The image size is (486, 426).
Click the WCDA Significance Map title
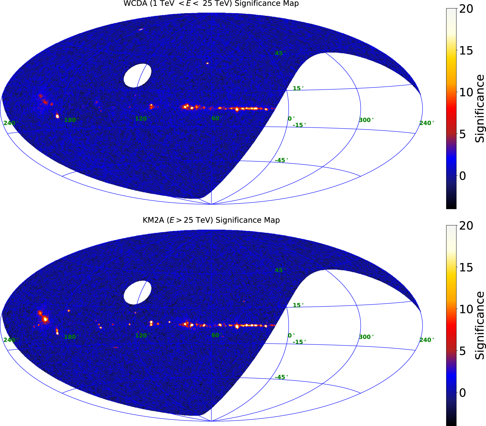pos(211,3)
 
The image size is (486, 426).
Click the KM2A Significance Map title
pos(211,220)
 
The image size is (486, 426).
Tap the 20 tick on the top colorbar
pos(466,9)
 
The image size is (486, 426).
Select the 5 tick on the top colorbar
pos(463,134)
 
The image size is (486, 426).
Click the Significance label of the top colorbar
pos(480,108)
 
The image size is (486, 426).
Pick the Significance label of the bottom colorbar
pos(480,325)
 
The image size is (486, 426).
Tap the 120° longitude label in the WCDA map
pos(142,119)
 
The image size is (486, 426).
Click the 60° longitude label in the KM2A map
pos(217,335)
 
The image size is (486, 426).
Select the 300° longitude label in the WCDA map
pos(366,120)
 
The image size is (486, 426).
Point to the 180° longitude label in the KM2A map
pos(71,337)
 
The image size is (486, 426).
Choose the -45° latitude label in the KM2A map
pos(281,377)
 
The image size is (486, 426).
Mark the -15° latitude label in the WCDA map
pos(299,125)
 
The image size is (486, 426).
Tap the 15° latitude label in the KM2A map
pos(298,305)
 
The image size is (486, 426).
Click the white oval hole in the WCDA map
pos(137,75)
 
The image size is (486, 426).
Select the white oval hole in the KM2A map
pos(137,292)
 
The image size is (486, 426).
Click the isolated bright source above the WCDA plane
pos(207,63)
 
